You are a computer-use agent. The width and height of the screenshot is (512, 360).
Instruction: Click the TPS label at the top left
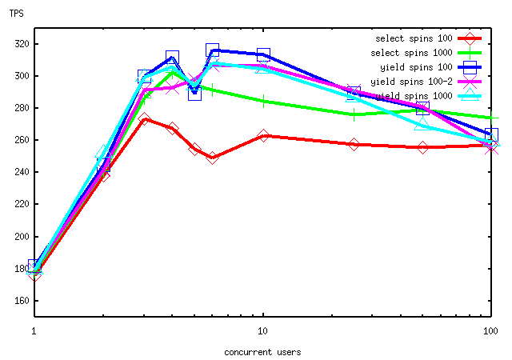click(16, 13)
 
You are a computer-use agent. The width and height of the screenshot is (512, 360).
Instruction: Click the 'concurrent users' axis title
click(262, 350)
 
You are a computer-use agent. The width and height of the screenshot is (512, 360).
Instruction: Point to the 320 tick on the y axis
click(16, 44)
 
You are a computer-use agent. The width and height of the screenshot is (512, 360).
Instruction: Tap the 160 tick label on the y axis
click(16, 301)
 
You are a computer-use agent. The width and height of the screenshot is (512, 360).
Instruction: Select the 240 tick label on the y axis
click(16, 172)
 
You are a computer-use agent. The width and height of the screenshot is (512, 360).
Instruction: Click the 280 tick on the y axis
click(16, 108)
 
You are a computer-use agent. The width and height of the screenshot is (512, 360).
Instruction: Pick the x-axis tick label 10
click(262, 330)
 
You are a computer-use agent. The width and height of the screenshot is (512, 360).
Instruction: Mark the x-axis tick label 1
click(34, 330)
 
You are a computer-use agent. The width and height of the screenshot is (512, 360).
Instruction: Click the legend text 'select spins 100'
click(414, 38)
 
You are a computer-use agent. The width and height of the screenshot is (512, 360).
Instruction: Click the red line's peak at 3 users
click(144, 119)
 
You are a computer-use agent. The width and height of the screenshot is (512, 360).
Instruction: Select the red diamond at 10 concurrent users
click(263, 136)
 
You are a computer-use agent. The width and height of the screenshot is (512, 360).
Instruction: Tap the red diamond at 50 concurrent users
click(422, 147)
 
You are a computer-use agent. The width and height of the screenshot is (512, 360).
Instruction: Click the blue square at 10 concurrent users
click(263, 54)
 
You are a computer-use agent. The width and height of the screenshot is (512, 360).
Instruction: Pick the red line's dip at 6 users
click(212, 158)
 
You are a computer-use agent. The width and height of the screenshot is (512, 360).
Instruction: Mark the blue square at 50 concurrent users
click(422, 108)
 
